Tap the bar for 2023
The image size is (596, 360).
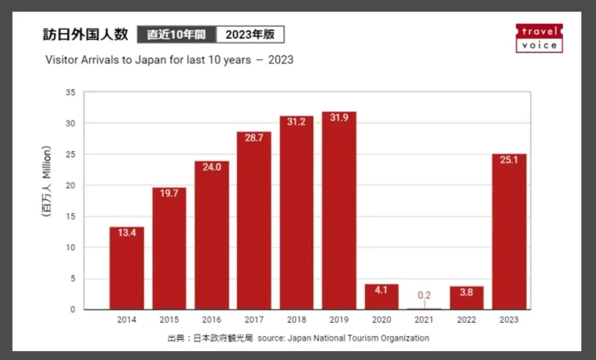pos(509,232)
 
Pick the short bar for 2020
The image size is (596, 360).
pos(381,297)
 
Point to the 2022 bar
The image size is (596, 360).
pos(466,298)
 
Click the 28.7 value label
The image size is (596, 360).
pos(254,140)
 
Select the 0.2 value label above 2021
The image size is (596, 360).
pos(424,295)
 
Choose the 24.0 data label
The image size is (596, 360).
pos(212,168)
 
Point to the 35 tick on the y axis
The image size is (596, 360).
pos(71,92)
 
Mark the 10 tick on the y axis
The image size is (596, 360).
pos(71,247)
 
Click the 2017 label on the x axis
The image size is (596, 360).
pos(254,320)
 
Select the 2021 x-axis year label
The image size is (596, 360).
pos(424,320)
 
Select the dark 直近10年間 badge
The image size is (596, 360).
pos(177,35)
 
